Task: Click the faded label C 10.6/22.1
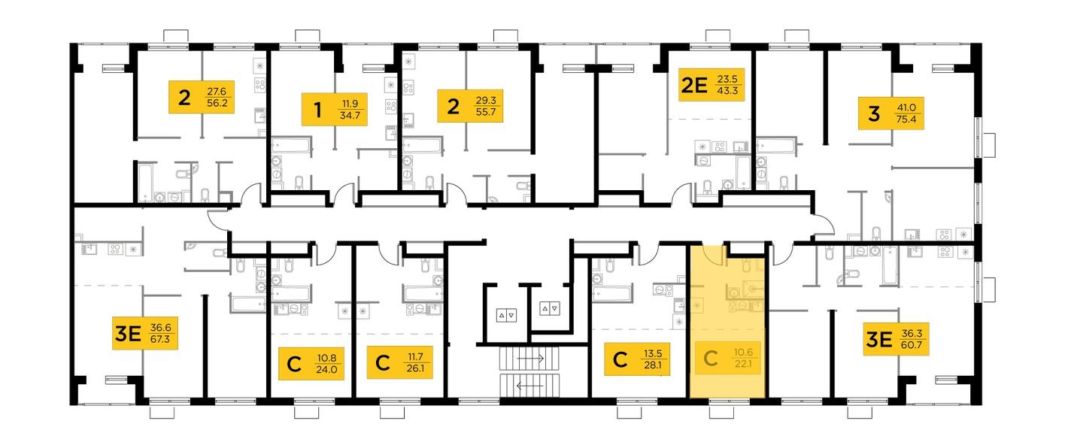click(727, 359)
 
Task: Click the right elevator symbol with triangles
click(550, 308)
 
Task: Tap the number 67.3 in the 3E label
click(159, 339)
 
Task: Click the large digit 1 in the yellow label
click(317, 110)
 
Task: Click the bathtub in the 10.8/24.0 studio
click(290, 292)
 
